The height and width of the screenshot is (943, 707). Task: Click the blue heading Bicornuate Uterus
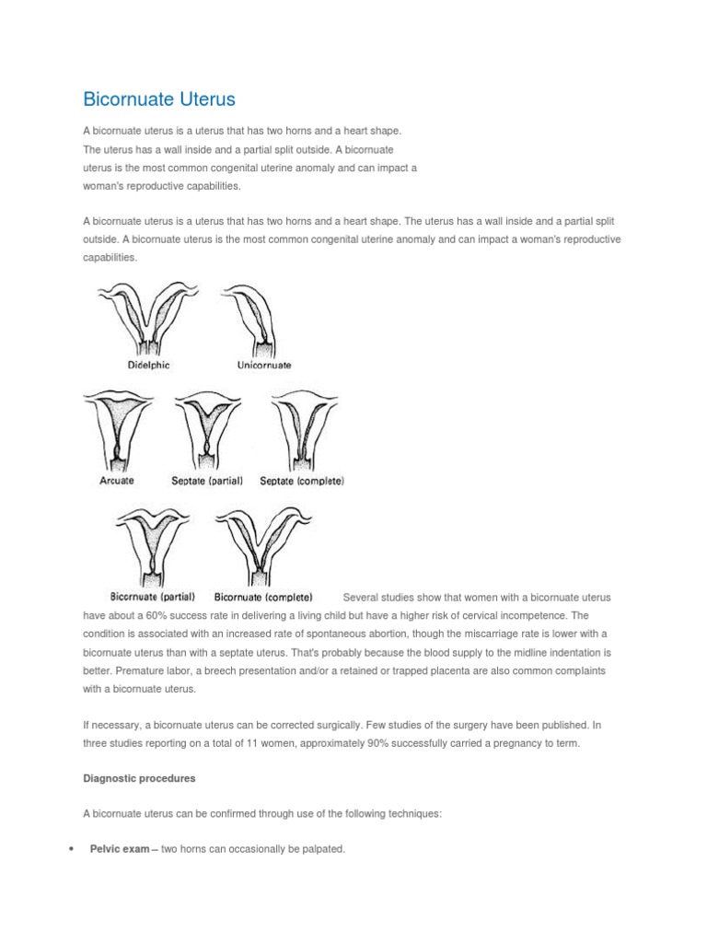[x=159, y=99]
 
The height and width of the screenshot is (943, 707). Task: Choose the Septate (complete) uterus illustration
[x=303, y=428]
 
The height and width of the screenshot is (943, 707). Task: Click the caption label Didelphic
[x=148, y=365]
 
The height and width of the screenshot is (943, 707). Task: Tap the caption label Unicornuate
[x=264, y=365]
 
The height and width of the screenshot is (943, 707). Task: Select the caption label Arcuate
[x=116, y=480]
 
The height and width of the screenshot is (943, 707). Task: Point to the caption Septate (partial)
[x=207, y=481]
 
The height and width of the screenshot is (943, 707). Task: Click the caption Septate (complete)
[x=302, y=481]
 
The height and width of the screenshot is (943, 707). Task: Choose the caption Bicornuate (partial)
[x=153, y=597]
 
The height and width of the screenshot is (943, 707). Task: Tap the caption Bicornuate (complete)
[x=263, y=597]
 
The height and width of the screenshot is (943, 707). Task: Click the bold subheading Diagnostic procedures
[x=139, y=778]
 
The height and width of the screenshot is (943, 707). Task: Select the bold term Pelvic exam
[x=119, y=848]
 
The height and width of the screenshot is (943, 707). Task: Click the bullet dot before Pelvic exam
[x=71, y=849]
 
